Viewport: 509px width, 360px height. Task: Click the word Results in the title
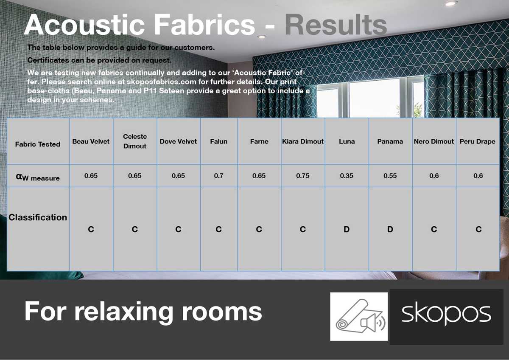[336, 25]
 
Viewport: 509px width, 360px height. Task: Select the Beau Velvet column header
[91, 141]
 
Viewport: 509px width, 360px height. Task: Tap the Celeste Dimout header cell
[135, 141]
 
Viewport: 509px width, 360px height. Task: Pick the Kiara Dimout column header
[303, 141]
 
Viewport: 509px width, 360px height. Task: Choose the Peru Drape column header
[478, 141]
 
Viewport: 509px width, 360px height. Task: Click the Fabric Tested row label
[38, 144]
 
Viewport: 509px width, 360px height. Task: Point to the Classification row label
[38, 217]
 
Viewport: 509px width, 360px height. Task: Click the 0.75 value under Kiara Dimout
[303, 176]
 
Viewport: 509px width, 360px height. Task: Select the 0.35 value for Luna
[347, 176]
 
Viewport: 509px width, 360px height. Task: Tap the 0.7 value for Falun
[218, 176]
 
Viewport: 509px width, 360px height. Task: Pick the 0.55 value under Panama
[390, 176]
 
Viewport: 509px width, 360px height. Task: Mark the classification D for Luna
[347, 230]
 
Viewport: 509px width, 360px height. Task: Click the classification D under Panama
[390, 230]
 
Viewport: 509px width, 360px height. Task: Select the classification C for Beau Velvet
[91, 230]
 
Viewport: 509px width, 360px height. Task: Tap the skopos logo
[446, 316]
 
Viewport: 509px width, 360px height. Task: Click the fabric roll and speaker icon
[359, 316]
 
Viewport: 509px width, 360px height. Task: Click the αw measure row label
[38, 177]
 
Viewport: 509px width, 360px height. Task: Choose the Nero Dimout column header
[434, 141]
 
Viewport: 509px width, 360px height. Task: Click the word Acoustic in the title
[86, 25]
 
